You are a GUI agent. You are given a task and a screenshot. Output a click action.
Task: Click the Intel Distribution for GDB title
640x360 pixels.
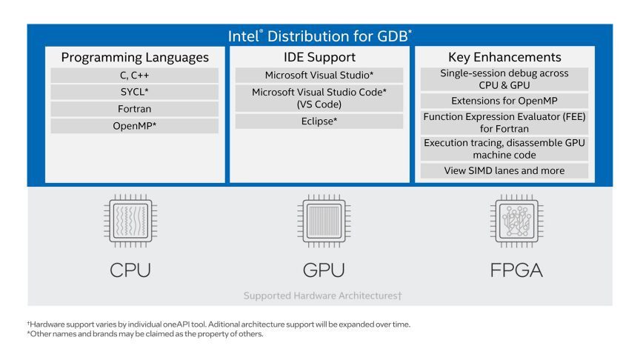point(319,36)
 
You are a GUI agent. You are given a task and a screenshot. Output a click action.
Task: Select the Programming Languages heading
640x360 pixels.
point(135,57)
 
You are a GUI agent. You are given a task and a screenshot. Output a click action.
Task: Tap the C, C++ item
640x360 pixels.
point(135,76)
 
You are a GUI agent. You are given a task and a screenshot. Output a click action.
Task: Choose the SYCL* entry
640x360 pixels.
point(135,93)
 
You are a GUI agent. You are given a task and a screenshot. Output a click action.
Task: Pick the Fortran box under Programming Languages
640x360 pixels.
point(135,110)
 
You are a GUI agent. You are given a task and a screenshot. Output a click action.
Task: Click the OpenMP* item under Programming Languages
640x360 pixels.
point(135,126)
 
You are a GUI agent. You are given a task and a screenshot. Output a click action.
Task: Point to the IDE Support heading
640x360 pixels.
point(319,57)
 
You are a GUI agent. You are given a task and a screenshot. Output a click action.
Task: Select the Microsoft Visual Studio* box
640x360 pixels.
point(319,76)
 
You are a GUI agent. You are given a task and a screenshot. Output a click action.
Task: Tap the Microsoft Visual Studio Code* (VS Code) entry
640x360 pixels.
point(319,98)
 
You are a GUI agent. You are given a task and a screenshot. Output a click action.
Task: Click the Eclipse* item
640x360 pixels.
point(319,121)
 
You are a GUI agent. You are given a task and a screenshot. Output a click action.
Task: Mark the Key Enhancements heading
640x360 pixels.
point(504,57)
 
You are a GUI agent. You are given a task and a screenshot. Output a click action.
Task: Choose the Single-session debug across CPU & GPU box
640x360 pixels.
point(504,79)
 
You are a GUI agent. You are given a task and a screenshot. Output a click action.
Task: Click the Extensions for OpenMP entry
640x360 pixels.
point(504,101)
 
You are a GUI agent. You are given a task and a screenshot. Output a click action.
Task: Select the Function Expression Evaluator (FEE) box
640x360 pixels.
point(504,123)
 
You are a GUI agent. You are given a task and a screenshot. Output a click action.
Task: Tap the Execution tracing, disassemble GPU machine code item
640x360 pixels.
point(504,148)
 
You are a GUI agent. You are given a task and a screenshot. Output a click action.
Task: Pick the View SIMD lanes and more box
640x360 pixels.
point(504,171)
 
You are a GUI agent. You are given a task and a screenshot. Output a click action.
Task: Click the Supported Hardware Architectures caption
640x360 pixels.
point(322,296)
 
